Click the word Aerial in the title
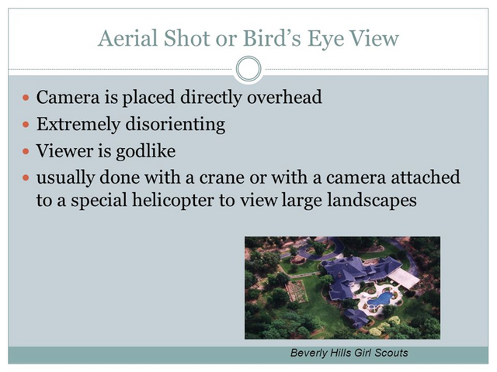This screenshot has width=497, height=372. pyautogui.click(x=127, y=38)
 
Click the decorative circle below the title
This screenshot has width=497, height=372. pyautogui.click(x=248, y=69)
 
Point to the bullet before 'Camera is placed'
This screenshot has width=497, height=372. pyautogui.click(x=26, y=98)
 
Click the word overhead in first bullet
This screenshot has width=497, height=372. pyautogui.click(x=284, y=97)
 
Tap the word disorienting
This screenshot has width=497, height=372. pyautogui.click(x=176, y=124)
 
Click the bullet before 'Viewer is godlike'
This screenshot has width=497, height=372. pyautogui.click(x=26, y=151)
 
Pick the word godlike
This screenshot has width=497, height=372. pyautogui.click(x=145, y=151)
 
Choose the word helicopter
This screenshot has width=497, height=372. pyautogui.click(x=173, y=200)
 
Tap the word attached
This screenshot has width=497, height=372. pyautogui.click(x=426, y=177)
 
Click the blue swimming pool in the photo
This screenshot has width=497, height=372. pyautogui.click(x=381, y=298)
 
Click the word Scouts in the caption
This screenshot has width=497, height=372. pyautogui.click(x=391, y=353)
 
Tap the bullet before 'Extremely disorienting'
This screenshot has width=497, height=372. pyautogui.click(x=26, y=125)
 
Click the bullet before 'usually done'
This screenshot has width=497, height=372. pyautogui.click(x=26, y=178)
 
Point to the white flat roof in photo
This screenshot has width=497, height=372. pyautogui.click(x=404, y=277)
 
